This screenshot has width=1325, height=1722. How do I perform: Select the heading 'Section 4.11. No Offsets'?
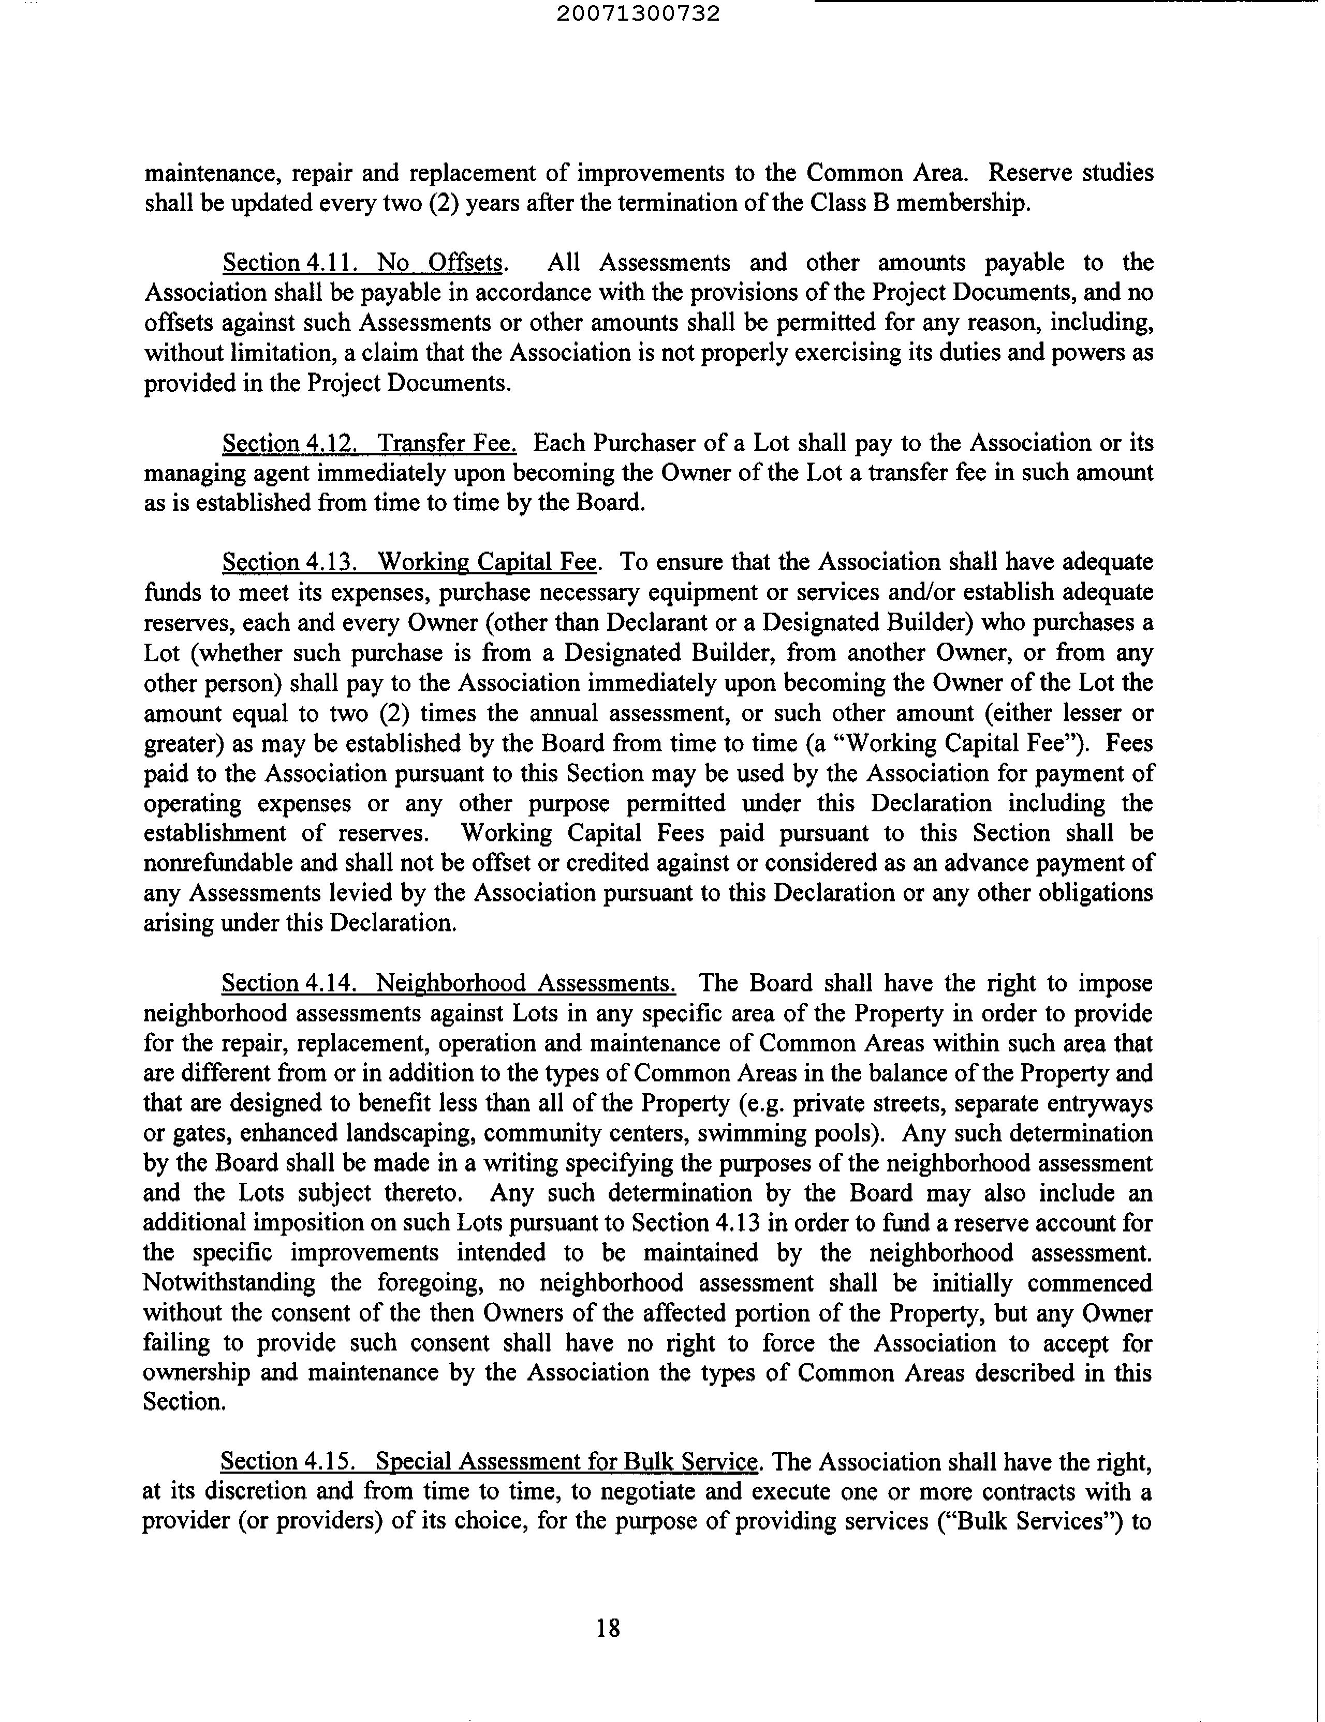[363, 262]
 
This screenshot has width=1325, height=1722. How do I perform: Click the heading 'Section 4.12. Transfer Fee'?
[369, 443]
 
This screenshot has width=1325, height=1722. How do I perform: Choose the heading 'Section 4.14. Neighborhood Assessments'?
[448, 983]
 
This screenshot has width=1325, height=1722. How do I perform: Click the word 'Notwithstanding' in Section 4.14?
[229, 1283]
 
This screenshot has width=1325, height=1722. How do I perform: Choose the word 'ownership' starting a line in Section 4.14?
[196, 1373]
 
